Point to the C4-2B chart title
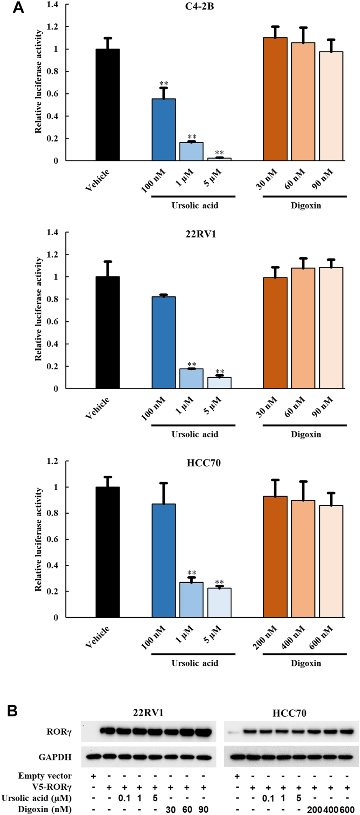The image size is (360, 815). pyautogui.click(x=200, y=7)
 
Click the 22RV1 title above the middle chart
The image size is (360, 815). pyautogui.click(x=201, y=234)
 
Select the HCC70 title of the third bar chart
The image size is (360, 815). pyautogui.click(x=203, y=463)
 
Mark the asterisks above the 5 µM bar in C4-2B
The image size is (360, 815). pyautogui.click(x=219, y=153)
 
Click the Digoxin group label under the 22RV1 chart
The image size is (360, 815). pyautogui.click(x=306, y=434)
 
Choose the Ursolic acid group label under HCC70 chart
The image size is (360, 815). pyautogui.click(x=195, y=663)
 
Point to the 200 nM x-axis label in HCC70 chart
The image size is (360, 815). pyautogui.click(x=265, y=637)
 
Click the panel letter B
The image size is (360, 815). pyautogui.click(x=12, y=711)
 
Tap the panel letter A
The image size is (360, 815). pyautogui.click(x=18, y=7)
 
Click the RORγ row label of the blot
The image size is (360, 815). pyautogui.click(x=59, y=732)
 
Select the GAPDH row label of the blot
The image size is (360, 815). pyautogui.click(x=55, y=757)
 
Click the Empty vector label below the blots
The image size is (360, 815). pyautogui.click(x=45, y=776)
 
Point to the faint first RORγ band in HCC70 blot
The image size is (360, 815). pyautogui.click(x=231, y=732)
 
